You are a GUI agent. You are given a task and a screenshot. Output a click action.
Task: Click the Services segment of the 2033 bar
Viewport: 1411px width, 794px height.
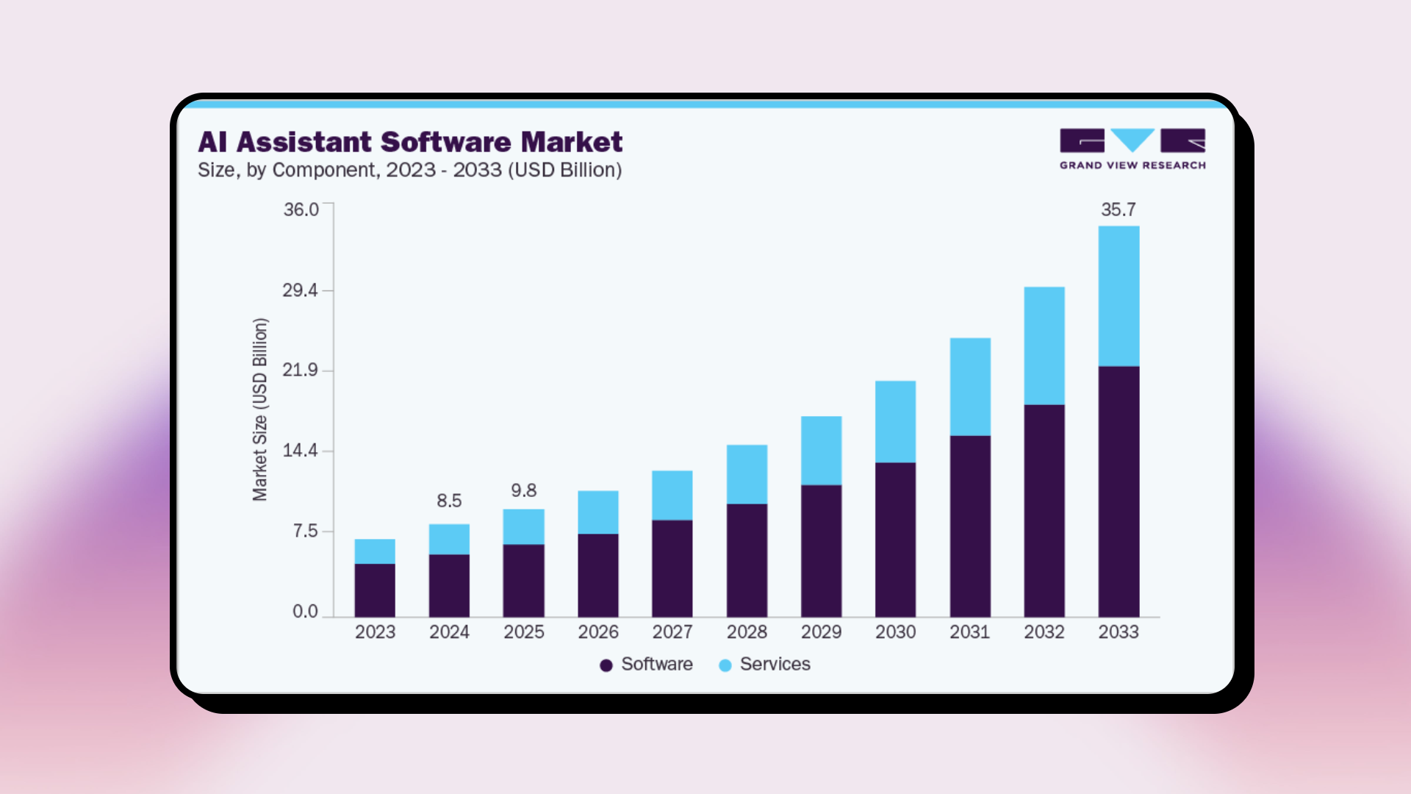point(1119,296)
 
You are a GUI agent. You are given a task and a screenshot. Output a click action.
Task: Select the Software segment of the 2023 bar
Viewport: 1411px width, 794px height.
point(375,590)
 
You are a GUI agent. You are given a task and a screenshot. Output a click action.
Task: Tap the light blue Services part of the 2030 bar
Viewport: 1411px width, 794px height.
point(895,421)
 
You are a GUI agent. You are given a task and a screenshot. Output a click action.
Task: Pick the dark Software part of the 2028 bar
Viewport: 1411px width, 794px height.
point(747,559)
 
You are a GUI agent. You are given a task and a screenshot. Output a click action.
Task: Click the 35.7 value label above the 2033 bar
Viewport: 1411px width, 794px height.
point(1119,210)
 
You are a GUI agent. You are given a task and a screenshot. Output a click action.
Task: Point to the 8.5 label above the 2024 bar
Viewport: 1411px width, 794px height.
point(449,501)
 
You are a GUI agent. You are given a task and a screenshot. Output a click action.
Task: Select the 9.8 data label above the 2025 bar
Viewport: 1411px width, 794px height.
point(524,490)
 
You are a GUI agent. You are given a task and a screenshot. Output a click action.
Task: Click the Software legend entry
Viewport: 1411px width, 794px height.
point(647,665)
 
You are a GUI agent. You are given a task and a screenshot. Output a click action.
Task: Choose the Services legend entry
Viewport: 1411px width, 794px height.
point(765,665)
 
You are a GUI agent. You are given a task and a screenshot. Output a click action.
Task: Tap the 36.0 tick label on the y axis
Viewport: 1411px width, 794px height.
point(301,210)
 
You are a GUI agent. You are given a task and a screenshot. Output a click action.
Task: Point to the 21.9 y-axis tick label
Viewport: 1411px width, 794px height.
point(301,370)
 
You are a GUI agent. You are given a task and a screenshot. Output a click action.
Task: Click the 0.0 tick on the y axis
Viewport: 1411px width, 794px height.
point(305,611)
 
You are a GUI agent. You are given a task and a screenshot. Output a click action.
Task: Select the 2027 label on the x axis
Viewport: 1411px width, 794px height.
point(672,632)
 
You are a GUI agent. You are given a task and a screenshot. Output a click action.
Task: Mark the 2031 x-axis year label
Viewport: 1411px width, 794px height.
point(969,632)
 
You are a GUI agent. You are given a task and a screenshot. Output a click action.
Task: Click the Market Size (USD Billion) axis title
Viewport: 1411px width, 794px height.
point(260,409)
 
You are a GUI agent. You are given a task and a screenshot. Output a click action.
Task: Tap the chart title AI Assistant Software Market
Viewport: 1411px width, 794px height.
point(410,142)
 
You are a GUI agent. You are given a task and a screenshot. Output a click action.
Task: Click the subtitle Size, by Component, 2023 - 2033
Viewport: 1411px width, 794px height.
point(409,170)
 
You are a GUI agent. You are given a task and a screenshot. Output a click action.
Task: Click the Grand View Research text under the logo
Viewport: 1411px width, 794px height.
point(1132,165)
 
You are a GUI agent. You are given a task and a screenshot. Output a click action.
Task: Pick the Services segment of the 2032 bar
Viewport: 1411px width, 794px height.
point(1044,346)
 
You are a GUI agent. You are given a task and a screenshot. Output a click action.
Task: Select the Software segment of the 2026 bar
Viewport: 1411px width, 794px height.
point(598,575)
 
